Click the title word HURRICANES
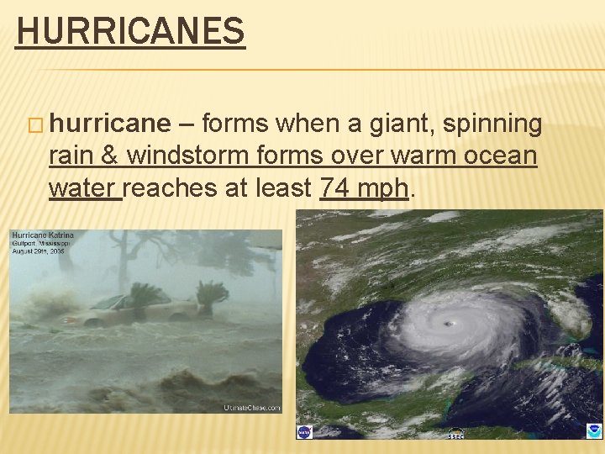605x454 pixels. (130, 32)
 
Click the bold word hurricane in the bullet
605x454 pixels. (109, 124)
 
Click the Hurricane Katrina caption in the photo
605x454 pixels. (43, 235)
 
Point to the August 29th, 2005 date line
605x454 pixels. (37, 251)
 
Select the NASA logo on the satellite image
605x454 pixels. (304, 431)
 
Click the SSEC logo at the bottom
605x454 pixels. (455, 434)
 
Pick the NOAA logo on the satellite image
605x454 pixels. (594, 430)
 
